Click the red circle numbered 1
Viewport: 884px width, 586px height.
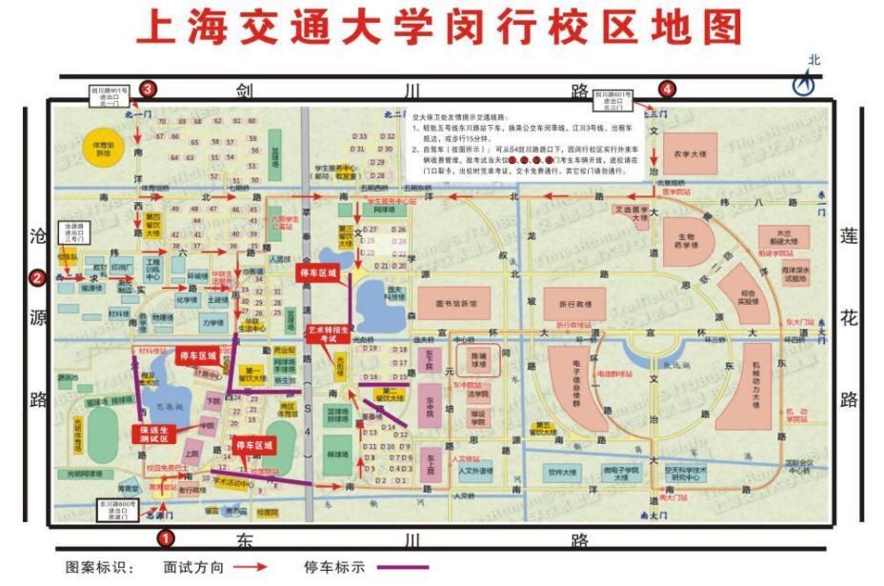[x=166, y=538]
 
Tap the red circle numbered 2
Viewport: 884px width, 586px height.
[x=37, y=278]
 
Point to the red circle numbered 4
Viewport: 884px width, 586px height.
[x=668, y=90]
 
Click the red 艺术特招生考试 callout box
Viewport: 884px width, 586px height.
[x=329, y=334]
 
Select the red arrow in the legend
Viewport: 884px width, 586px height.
[x=251, y=567]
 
